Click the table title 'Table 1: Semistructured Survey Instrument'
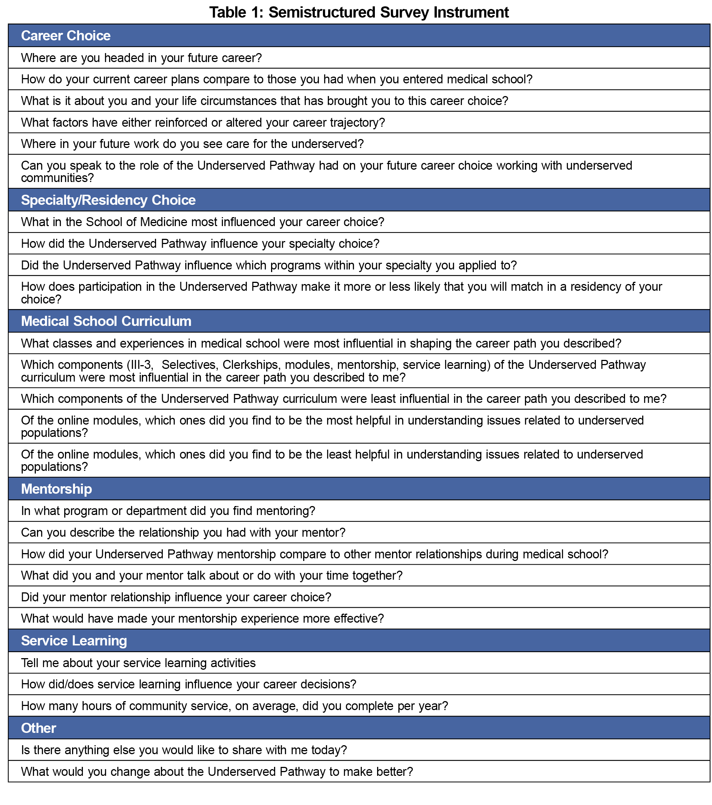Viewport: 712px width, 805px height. point(358,12)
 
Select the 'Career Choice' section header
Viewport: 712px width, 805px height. point(66,36)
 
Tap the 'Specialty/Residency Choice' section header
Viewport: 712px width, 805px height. point(108,200)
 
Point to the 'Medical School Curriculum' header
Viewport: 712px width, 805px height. point(106,321)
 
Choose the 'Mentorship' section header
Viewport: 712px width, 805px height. point(56,489)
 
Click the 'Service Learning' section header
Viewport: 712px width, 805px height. point(74,641)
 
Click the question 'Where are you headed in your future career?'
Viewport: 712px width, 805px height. point(141,58)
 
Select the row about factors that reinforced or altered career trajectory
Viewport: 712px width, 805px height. point(203,123)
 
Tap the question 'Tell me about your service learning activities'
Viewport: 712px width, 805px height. point(138,663)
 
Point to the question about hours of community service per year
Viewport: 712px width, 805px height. point(234,706)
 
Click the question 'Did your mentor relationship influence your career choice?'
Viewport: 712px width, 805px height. point(176,597)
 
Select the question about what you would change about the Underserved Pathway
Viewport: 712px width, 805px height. point(217,771)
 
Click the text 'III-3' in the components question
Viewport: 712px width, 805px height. point(140,365)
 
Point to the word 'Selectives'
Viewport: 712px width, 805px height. point(189,365)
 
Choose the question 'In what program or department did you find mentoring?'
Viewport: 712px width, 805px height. point(168,511)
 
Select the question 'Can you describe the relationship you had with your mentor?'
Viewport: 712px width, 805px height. point(183,533)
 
